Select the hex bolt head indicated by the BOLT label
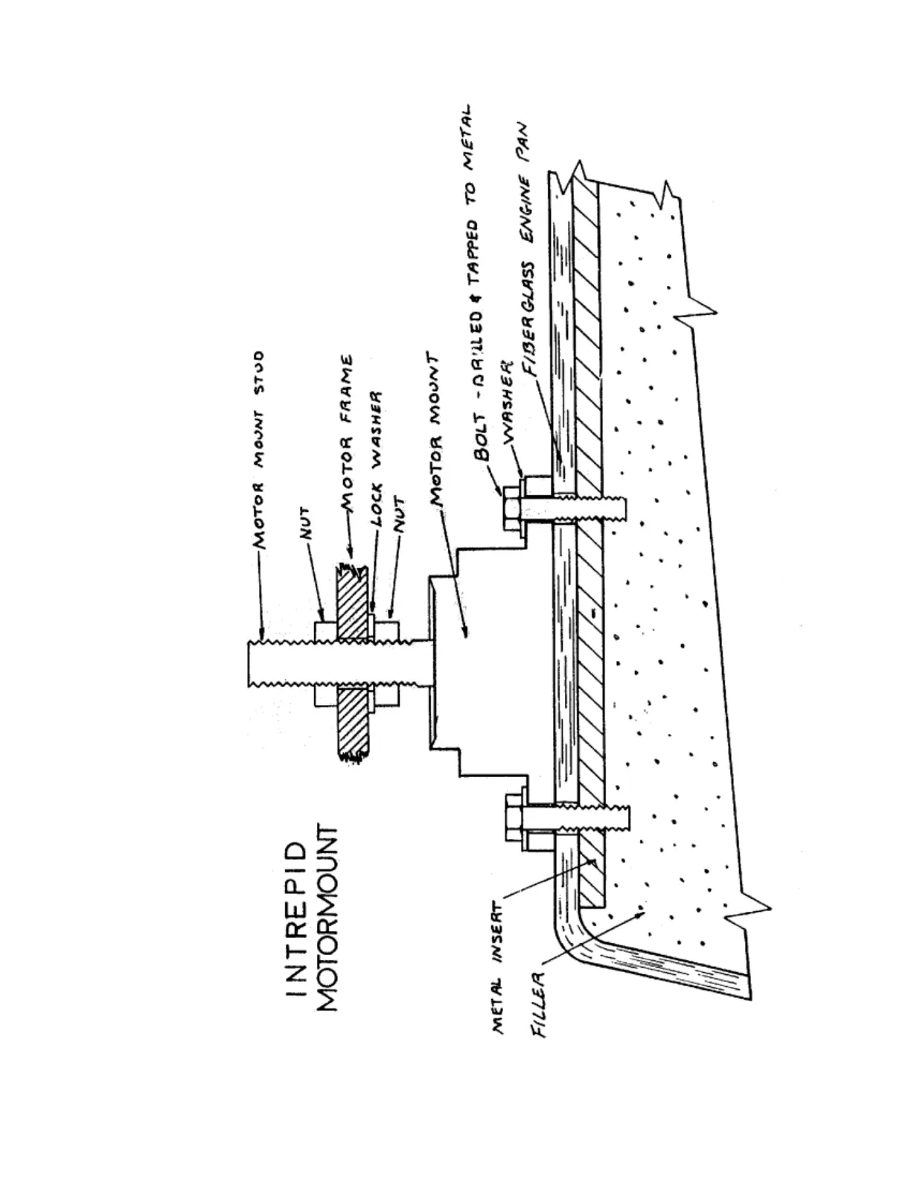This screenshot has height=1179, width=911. pos(512,509)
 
